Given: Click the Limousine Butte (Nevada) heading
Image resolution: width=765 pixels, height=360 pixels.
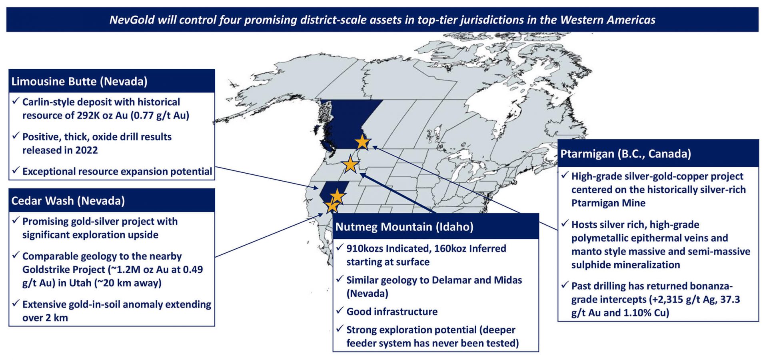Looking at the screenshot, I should [x=79, y=82].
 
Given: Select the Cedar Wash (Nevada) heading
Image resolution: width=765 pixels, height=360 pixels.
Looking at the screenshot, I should [x=68, y=201].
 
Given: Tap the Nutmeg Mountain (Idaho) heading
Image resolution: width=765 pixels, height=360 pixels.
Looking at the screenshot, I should [x=404, y=227].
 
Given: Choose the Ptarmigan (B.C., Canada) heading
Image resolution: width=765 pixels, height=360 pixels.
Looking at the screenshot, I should [x=625, y=154].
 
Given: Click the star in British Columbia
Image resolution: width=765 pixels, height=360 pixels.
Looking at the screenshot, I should [x=363, y=142].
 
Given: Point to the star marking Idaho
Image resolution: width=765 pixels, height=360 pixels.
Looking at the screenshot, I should [x=351, y=164].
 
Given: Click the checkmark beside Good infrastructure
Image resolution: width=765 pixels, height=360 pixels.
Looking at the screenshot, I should [x=340, y=310].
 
